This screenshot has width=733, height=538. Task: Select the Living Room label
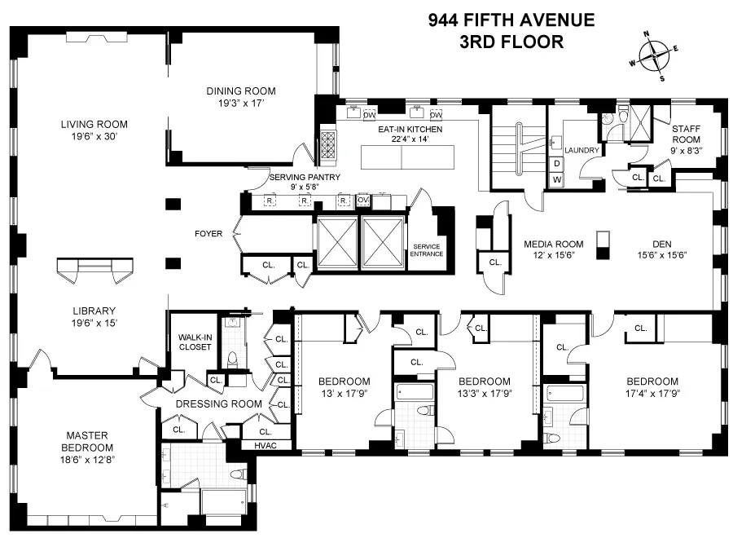coord(94,125)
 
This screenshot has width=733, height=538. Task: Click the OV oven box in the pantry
coord(364,200)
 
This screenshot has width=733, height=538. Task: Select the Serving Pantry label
coord(305,177)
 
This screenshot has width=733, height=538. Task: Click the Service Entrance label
coord(428,249)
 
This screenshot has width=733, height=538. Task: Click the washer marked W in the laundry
coord(557,179)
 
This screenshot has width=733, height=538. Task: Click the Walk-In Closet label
coord(195,342)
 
